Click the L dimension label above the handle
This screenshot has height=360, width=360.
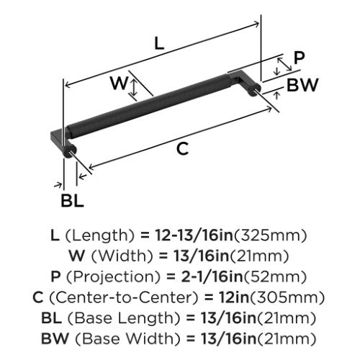point(159,44)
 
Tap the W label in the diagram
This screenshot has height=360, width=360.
point(119,83)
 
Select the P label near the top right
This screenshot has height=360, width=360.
point(299,58)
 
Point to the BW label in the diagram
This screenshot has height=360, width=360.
point(302,85)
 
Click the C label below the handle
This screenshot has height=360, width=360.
point(182,148)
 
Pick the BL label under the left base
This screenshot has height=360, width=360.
point(72,201)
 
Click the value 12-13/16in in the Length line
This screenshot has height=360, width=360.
point(194,235)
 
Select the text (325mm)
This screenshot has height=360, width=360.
point(270,235)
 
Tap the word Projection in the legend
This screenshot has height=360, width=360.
point(113,276)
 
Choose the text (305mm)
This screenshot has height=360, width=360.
point(287,297)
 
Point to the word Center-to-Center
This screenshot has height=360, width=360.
point(124,297)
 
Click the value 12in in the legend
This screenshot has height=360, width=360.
point(234,297)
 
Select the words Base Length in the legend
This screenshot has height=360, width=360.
point(124,318)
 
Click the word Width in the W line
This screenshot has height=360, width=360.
point(122,256)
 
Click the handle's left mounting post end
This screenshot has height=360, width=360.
point(70,152)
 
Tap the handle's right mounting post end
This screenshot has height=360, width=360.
point(255,89)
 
